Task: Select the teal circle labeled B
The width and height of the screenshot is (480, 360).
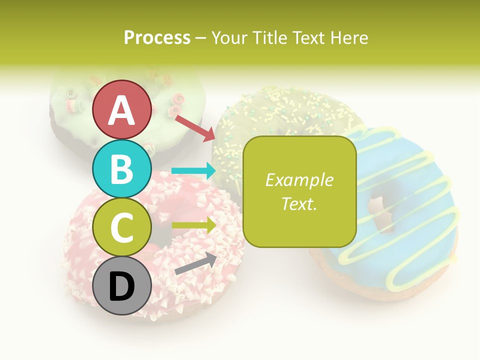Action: (121, 168)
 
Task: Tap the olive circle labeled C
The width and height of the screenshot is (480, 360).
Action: (121, 227)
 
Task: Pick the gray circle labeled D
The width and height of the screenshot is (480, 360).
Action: (121, 286)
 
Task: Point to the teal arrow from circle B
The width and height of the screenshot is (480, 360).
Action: (193, 171)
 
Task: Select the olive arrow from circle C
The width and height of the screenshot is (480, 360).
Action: (193, 225)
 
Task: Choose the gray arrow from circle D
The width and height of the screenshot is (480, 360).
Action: (195, 263)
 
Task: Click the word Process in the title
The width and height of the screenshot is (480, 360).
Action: (157, 37)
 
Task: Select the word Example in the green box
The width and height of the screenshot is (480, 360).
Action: (299, 180)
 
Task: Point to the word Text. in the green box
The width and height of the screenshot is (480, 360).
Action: (299, 203)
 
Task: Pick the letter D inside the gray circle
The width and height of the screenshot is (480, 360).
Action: (121, 287)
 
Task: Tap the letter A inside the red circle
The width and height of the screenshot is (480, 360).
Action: (121, 110)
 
